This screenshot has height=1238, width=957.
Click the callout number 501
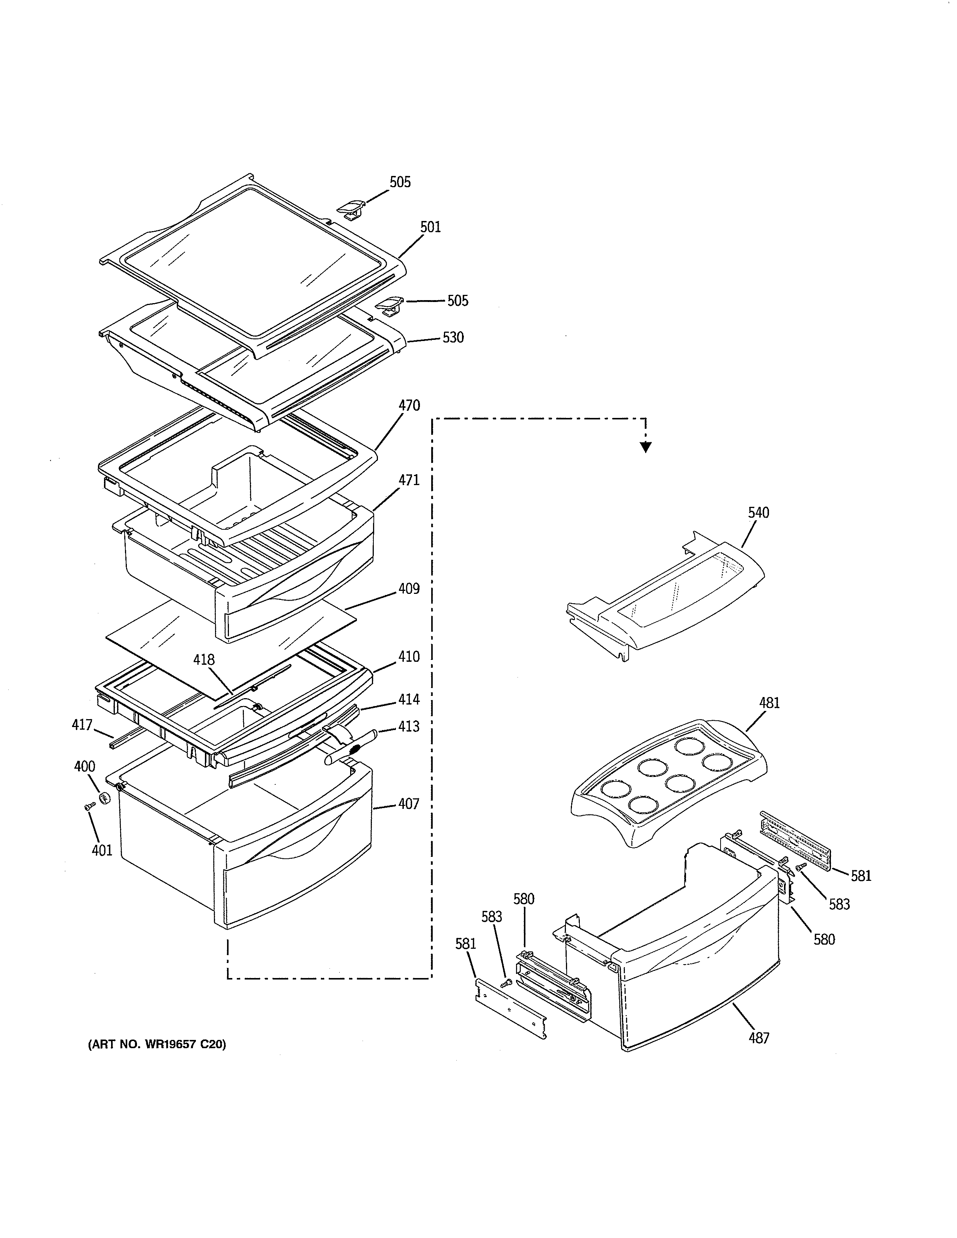click(x=430, y=227)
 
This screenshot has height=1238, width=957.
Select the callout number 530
click(x=453, y=338)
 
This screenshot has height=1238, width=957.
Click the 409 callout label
click(x=409, y=589)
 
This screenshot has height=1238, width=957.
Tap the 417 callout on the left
click(x=82, y=724)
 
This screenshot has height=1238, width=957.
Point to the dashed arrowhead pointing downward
click(x=645, y=447)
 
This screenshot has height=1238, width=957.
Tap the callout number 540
click(x=758, y=513)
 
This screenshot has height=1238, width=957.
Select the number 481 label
click(x=769, y=703)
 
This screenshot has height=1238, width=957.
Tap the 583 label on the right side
click(x=839, y=904)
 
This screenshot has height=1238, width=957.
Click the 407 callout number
click(x=408, y=804)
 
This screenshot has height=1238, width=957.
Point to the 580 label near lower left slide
click(x=524, y=899)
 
